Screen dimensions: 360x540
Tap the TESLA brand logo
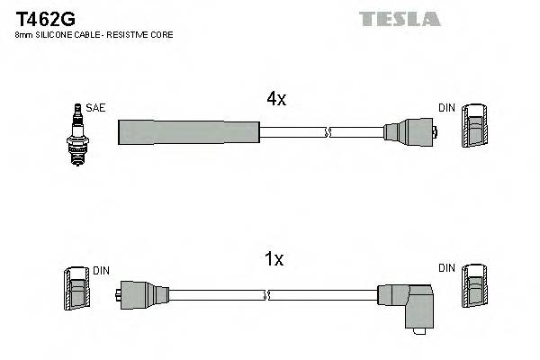(400, 18)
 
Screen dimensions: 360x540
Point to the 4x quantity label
(275, 100)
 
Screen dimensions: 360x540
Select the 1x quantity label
(273, 260)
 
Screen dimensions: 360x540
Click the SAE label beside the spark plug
(96, 107)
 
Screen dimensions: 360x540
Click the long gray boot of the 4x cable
(189, 131)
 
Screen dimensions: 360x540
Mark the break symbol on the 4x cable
(328, 132)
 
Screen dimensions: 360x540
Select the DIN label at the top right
(446, 107)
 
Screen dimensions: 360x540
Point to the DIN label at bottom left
(100, 268)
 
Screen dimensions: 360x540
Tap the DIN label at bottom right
(446, 268)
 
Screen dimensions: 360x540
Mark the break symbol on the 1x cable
(267, 293)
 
